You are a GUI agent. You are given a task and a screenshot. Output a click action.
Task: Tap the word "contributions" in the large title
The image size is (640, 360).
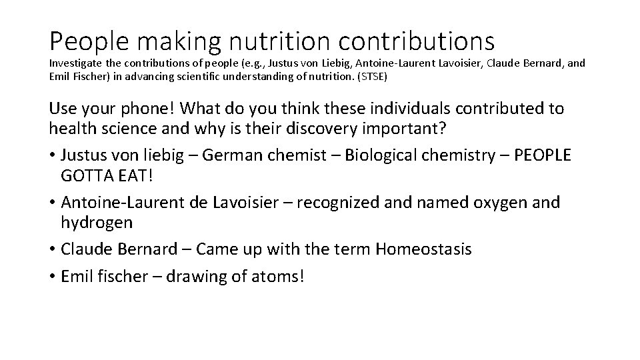pos(417,41)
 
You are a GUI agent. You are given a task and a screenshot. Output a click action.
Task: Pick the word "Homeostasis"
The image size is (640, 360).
pos(423,249)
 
